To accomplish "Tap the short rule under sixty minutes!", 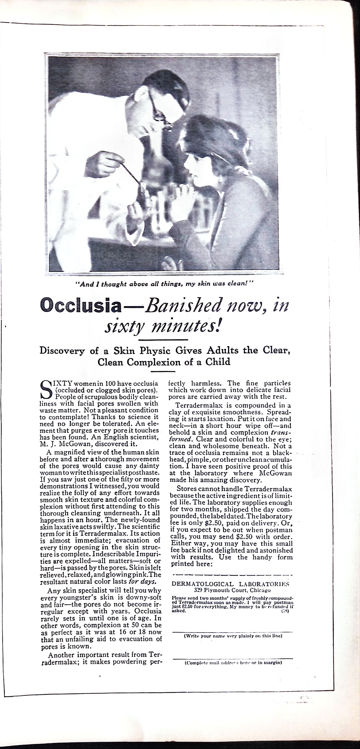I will pos(163,340).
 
